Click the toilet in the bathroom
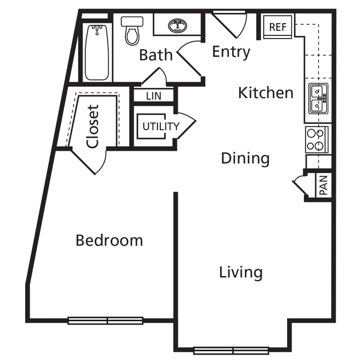[132, 31]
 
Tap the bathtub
[97, 52]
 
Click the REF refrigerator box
[277, 27]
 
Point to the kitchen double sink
[318, 99]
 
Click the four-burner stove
[316, 139]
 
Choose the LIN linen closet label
[154, 96]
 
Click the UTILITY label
[161, 127]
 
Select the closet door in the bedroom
[91, 161]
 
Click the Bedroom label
[109, 240]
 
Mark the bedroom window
[105, 320]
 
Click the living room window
[231, 351]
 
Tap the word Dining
[245, 159]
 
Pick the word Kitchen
[265, 93]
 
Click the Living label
[241, 272]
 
